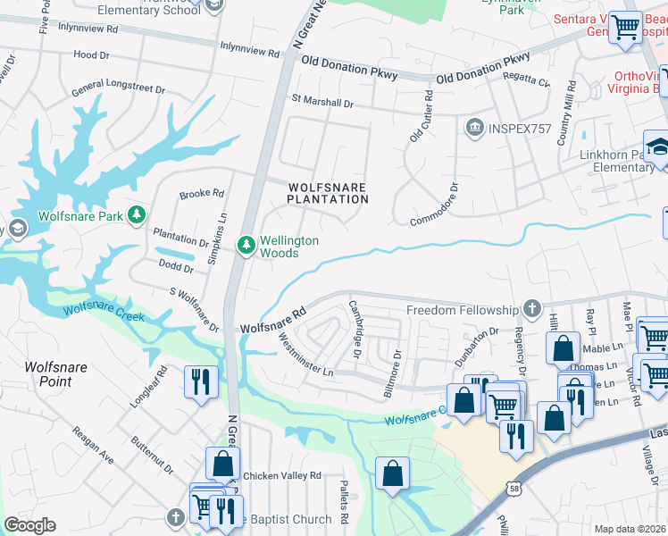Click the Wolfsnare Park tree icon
(x=136, y=214)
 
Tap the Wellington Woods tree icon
(x=246, y=244)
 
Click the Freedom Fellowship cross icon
(x=532, y=309)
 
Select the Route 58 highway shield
(x=513, y=488)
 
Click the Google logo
(x=29, y=525)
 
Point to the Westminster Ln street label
(x=305, y=355)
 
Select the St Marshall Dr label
(x=322, y=103)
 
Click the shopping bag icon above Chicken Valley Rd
(x=222, y=464)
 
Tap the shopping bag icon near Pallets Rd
(x=392, y=473)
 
